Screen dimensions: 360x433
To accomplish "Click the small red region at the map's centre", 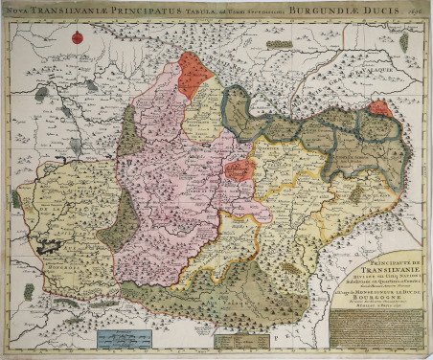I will [240, 169].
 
